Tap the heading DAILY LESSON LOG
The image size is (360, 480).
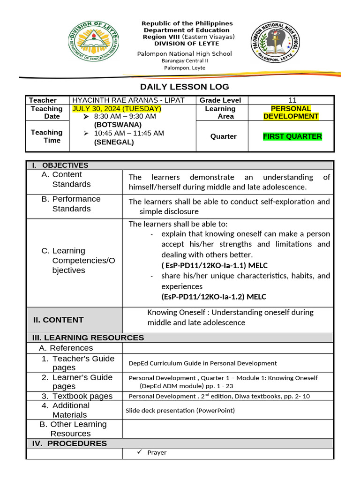[185, 87]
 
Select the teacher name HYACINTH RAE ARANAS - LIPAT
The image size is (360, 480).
[128, 100]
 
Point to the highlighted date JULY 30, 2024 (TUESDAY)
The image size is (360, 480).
[117, 109]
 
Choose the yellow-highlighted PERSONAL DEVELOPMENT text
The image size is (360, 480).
[291, 112]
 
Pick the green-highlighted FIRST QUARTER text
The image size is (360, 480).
[292, 136]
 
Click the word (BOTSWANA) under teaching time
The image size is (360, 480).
[118, 125]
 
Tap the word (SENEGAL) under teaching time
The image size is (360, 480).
[114, 142]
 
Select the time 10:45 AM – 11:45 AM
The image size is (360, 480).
[129, 134]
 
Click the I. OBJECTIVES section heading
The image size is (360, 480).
[60, 165]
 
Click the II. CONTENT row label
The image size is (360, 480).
[58, 320]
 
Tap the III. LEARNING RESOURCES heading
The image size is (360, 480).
[88, 337]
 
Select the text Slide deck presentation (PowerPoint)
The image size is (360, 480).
[180, 411]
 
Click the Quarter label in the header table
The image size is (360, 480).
[224, 136]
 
